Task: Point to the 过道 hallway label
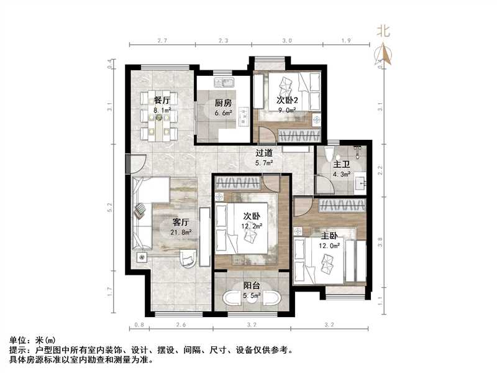click(x=265, y=153)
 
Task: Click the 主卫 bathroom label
click(x=341, y=165)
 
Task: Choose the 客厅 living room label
click(x=181, y=221)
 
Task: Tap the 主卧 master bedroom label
click(x=329, y=236)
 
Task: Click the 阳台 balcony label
click(x=252, y=286)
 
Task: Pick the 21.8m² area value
click(x=181, y=233)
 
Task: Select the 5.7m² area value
click(x=265, y=163)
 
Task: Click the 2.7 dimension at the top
click(x=162, y=40)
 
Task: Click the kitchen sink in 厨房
click(x=222, y=83)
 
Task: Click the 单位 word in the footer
click(x=18, y=341)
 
